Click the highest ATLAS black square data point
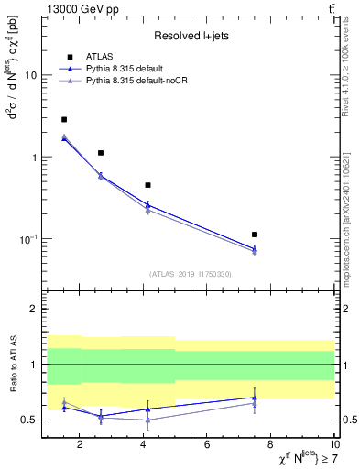click(63, 119)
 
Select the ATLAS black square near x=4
click(147, 185)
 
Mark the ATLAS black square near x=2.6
click(100, 153)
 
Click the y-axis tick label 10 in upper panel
click(30, 75)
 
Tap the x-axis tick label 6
click(207, 444)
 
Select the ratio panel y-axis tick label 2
click(33, 309)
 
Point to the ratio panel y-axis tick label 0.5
click(29, 420)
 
